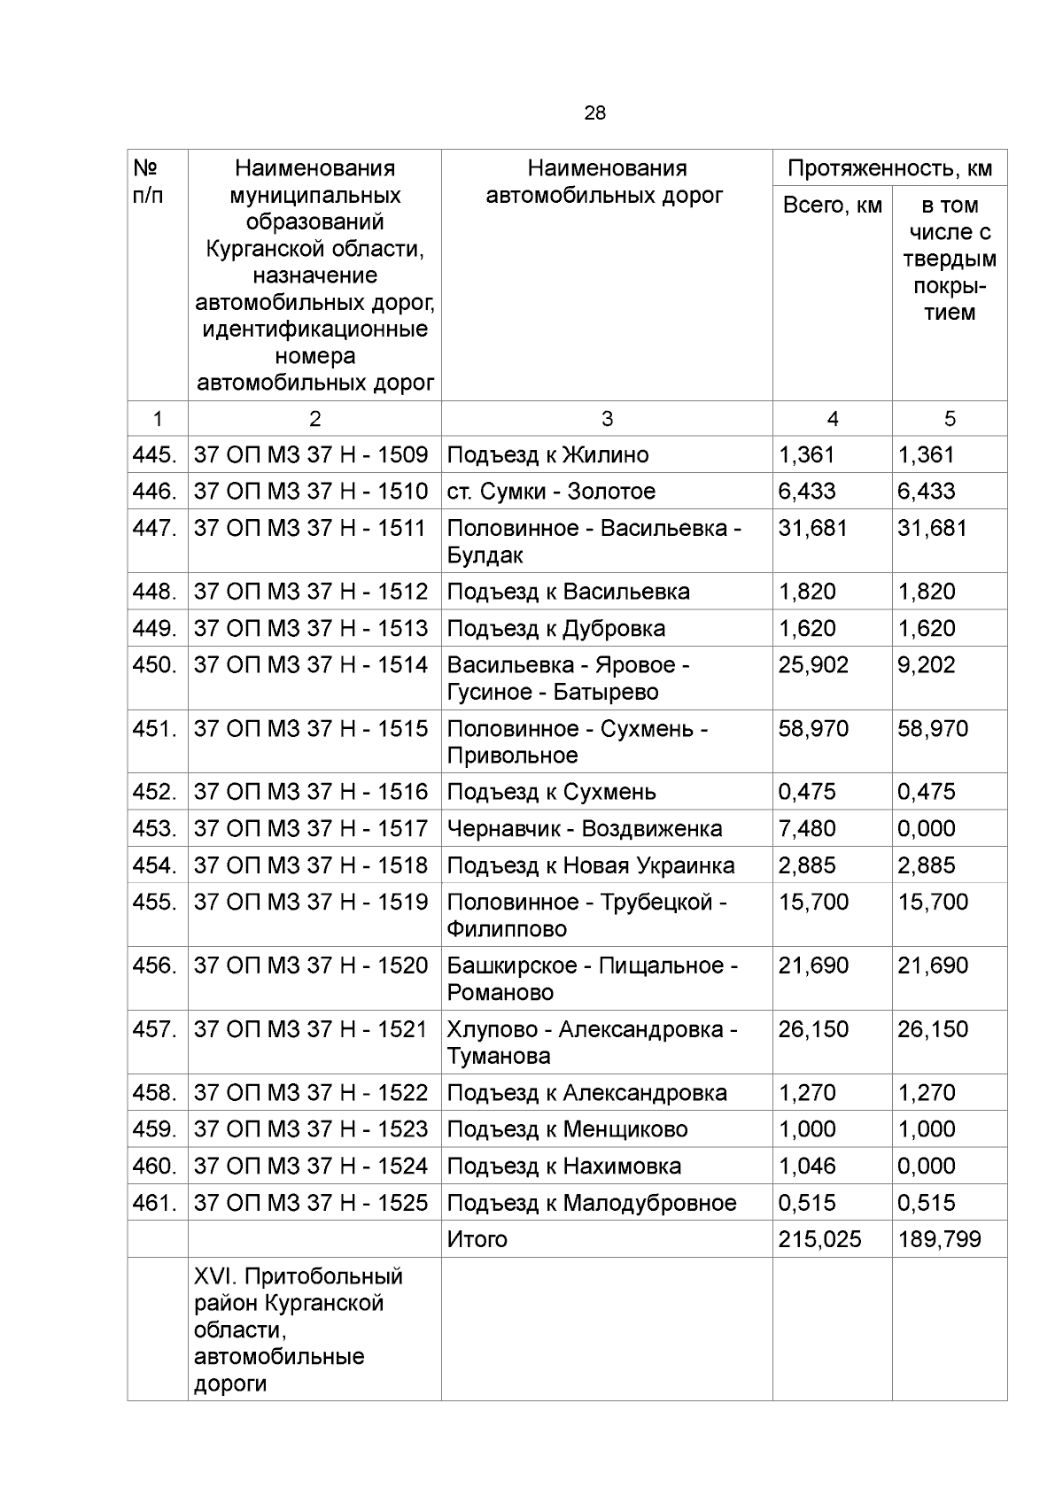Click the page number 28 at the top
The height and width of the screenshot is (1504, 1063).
coord(594,113)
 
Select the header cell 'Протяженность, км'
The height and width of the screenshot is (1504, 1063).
coord(889,168)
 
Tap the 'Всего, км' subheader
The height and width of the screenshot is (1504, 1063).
coord(832,205)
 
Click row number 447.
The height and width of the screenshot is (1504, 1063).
coord(155,528)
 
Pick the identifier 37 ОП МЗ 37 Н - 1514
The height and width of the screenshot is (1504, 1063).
coord(311,665)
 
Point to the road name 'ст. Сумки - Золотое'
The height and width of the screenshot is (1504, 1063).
coord(551,492)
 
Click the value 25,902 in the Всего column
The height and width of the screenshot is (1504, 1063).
coord(812,665)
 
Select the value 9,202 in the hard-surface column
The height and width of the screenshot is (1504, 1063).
coord(926,665)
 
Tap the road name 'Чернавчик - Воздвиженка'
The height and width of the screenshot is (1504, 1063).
coord(584,829)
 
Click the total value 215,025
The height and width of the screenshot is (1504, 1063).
coord(819,1239)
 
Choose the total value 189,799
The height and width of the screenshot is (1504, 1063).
coord(939,1239)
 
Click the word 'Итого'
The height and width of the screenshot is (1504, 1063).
coord(477,1239)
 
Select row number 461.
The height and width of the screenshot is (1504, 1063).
coord(155,1203)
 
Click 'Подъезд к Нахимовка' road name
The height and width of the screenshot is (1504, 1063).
coord(563,1167)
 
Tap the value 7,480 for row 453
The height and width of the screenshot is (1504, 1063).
coord(806,829)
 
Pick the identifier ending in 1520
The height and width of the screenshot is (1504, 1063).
coord(311,965)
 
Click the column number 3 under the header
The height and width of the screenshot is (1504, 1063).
coord(607,419)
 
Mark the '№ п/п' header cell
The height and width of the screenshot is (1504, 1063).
coord(148,182)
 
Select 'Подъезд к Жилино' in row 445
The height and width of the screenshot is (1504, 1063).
coord(547,455)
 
